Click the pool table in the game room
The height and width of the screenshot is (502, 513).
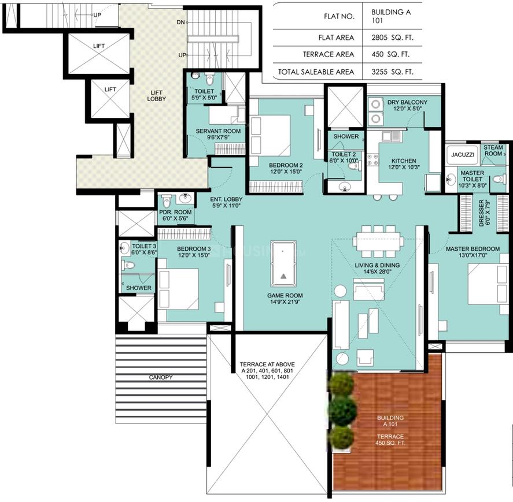(283, 264)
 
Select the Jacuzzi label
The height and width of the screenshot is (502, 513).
(463, 155)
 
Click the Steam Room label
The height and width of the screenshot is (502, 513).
(493, 150)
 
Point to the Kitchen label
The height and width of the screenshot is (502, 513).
(404, 161)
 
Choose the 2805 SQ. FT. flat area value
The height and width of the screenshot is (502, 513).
(392, 38)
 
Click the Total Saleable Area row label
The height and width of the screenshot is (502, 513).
(316, 72)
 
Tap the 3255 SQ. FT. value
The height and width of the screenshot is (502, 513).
(392, 72)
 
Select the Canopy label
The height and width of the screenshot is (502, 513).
(161, 377)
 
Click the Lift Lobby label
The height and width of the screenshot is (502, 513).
(156, 96)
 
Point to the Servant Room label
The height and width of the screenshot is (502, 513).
(218, 131)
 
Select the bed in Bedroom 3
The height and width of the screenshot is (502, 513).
(178, 289)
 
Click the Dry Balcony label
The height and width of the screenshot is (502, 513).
(407, 102)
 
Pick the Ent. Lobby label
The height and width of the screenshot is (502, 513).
(226, 199)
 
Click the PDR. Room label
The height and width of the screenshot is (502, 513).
(175, 212)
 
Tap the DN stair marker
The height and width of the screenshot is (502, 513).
(180, 22)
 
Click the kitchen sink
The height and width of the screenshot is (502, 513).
(391, 136)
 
